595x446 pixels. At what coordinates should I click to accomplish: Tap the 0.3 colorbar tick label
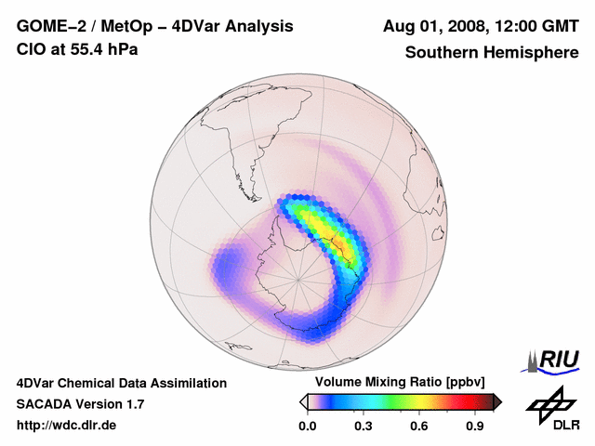point(364,426)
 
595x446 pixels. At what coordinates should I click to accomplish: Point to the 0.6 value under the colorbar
point(420,426)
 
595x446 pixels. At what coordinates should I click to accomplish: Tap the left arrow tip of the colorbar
point(304,401)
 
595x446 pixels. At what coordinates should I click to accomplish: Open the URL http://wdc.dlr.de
point(67,426)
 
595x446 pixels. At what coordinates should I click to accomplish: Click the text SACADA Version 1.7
point(80,404)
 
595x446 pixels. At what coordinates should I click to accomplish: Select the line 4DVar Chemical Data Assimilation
point(122,383)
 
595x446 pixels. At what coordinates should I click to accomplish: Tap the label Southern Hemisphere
point(492,52)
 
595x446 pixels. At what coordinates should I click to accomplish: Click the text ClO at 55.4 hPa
point(77,48)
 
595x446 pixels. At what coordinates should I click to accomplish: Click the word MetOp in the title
point(126,26)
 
